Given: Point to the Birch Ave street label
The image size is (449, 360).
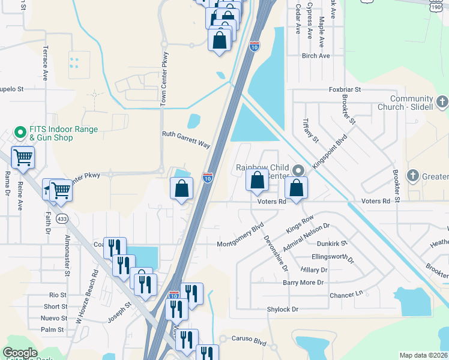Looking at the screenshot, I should pyautogui.click(x=316, y=56).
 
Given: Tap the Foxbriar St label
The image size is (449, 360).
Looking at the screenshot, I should pyautogui.click(x=345, y=89).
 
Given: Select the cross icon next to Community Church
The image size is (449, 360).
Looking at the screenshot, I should pyautogui.click(x=442, y=101).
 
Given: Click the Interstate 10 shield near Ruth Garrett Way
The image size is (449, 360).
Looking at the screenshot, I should pyautogui.click(x=207, y=178).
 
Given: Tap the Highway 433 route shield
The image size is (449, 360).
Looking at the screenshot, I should pyautogui.click(x=62, y=220).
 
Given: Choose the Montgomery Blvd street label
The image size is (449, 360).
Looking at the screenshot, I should pyautogui.click(x=240, y=236).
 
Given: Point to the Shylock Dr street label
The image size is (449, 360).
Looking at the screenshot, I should pyautogui.click(x=283, y=309).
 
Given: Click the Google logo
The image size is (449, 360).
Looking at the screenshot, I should pyautogui.click(x=20, y=353).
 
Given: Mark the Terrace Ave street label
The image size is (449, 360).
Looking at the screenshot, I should pyautogui.click(x=44, y=62).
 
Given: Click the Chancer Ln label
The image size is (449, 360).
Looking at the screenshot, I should pyautogui.click(x=347, y=295).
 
